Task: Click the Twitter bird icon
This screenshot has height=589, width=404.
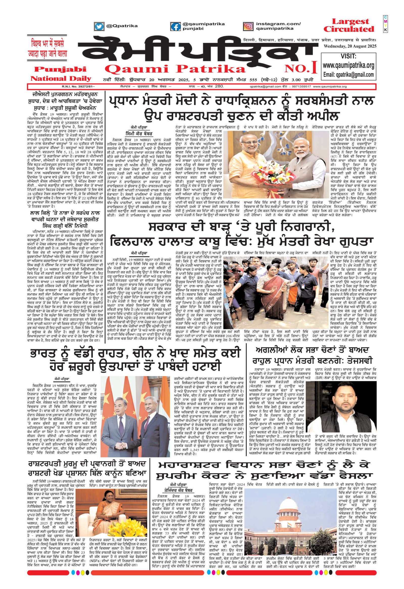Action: [x=99, y=26]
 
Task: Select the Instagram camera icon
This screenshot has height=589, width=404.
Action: [x=248, y=26]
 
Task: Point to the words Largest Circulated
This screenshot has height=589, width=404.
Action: [x=348, y=25]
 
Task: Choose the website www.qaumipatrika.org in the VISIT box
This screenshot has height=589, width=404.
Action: [x=348, y=66]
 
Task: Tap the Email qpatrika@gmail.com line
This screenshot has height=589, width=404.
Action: [x=348, y=75]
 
